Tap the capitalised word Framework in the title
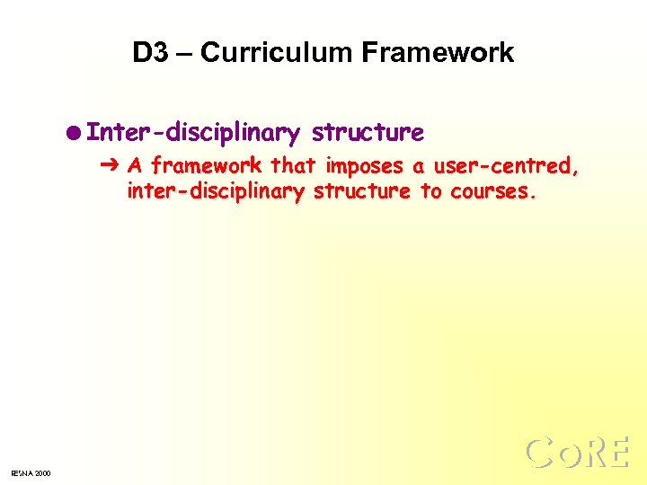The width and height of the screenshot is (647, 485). tap(438, 53)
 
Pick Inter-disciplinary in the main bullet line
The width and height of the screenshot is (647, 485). tap(194, 134)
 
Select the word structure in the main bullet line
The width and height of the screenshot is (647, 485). tap(367, 133)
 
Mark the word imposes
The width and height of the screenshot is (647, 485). tap(363, 165)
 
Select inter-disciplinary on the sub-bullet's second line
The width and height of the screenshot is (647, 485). tap(217, 191)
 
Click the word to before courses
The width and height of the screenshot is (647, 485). tap(430, 190)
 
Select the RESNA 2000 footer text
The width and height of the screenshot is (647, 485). tap(31, 473)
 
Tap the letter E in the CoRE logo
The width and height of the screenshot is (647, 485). tap(619, 454)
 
